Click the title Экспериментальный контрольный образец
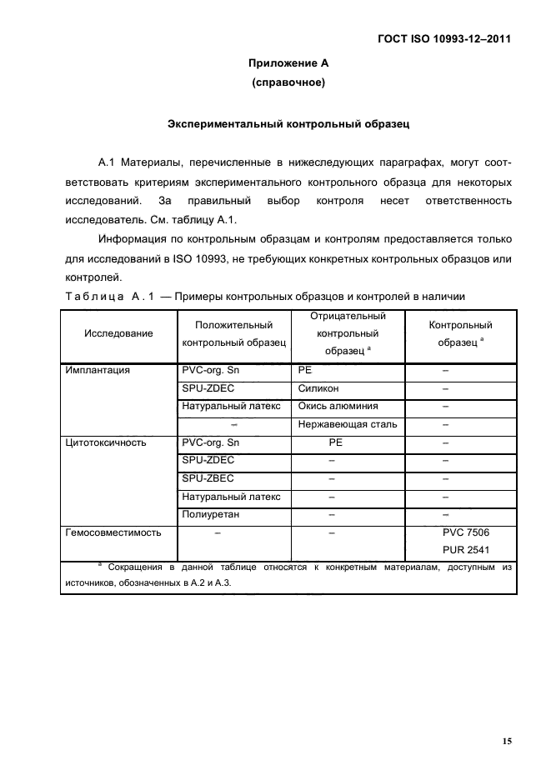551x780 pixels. click(x=288, y=124)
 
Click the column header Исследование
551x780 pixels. click(x=118, y=333)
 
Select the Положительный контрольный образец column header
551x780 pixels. click(x=233, y=333)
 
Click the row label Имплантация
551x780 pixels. click(x=97, y=371)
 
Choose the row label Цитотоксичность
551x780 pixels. click(x=105, y=442)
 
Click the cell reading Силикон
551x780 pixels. click(x=318, y=388)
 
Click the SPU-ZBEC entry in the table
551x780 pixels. click(x=208, y=478)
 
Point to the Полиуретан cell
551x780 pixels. click(x=210, y=514)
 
